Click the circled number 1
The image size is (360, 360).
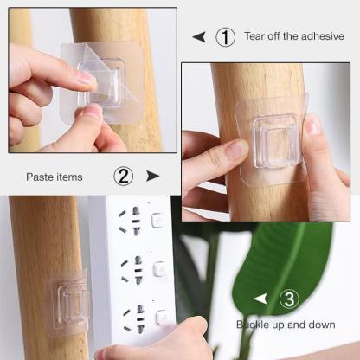tap(225, 37)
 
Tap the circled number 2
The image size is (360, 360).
tap(123, 177)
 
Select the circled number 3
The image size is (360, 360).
tap(289, 299)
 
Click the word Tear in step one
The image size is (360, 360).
tap(254, 36)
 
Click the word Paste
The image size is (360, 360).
tap(39, 177)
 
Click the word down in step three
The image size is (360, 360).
tap(322, 325)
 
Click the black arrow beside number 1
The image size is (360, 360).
tap(199, 37)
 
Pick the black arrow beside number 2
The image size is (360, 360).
tap(152, 176)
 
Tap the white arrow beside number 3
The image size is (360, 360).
tap(260, 299)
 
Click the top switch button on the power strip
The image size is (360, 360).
tap(157, 220)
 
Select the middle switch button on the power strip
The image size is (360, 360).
tap(159, 268)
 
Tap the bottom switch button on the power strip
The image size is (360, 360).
tap(161, 317)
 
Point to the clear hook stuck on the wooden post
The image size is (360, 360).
tap(68, 303)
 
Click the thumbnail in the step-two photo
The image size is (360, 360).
tap(312, 126)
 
